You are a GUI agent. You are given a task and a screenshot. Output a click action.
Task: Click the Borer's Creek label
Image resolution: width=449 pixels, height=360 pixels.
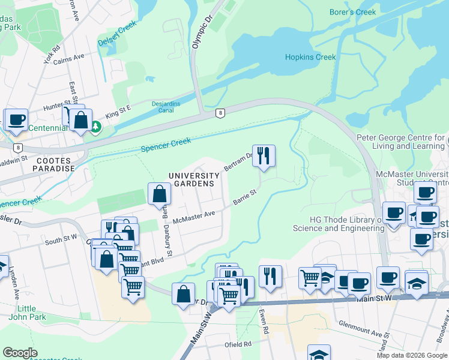point(353,12)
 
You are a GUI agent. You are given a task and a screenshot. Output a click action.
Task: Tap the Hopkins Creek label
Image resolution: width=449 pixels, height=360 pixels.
point(310,57)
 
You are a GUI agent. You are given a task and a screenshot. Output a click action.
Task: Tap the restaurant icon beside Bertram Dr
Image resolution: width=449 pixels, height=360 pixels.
point(264,155)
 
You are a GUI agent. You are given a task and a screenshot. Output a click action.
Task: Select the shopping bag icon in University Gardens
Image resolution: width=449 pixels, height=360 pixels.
point(159,194)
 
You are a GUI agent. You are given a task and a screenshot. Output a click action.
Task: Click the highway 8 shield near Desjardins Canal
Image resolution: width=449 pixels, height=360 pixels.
point(221,113)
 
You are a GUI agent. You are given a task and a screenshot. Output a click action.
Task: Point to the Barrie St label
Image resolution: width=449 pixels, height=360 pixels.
point(245,197)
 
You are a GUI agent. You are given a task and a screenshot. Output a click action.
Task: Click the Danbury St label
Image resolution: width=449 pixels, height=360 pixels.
point(170,246)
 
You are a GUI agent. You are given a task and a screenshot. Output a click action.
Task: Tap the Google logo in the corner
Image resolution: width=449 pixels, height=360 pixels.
point(20,353)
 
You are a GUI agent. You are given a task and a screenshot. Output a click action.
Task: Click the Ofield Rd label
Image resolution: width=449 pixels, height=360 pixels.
point(238,344)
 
